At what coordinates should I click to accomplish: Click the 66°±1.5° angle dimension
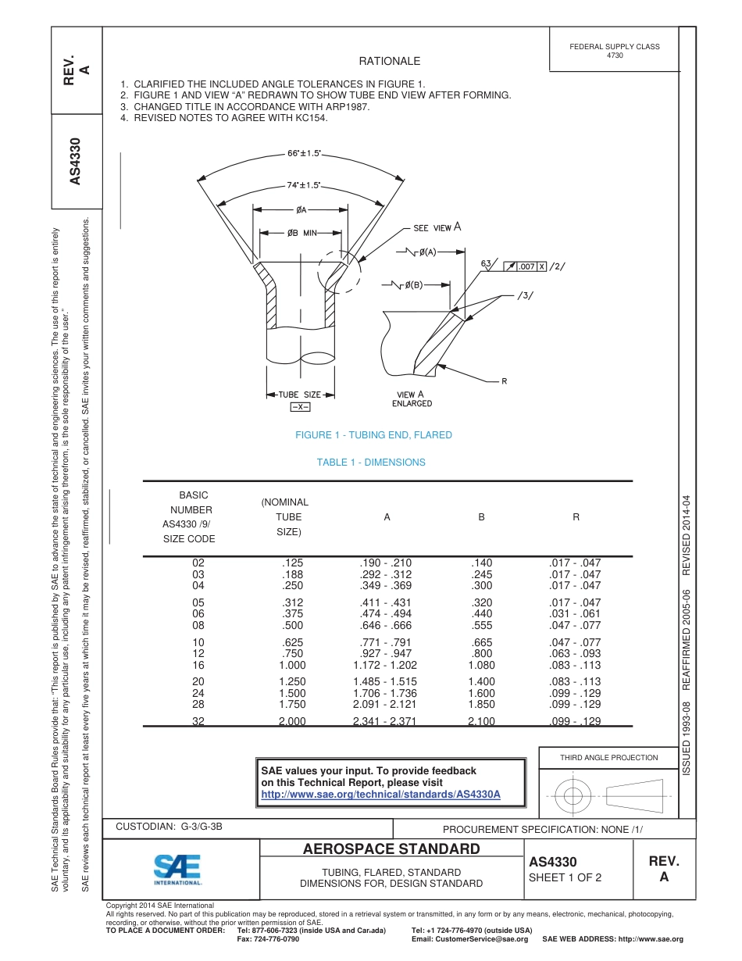(x=305, y=153)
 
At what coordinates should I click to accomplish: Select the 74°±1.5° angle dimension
(x=302, y=185)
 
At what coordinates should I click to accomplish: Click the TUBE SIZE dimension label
(x=300, y=395)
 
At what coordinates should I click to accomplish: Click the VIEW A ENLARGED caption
(x=412, y=398)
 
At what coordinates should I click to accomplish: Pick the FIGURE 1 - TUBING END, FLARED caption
(x=373, y=435)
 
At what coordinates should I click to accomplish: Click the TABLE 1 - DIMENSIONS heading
(x=371, y=463)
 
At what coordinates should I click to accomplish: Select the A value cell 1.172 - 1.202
(x=385, y=665)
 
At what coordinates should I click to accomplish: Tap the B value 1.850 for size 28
(x=481, y=705)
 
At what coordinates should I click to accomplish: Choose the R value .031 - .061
(x=576, y=614)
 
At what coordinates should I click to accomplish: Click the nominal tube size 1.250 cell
(x=292, y=681)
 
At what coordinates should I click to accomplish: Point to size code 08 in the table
(x=198, y=625)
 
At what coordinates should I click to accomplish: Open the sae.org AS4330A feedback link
(x=380, y=794)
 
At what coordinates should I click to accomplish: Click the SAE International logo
(x=177, y=869)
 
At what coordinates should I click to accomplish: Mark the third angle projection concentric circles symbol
(x=574, y=796)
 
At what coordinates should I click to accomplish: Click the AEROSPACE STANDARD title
(x=391, y=849)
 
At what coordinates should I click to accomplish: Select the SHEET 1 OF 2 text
(x=565, y=877)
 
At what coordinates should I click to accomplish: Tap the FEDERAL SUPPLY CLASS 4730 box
(x=614, y=51)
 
